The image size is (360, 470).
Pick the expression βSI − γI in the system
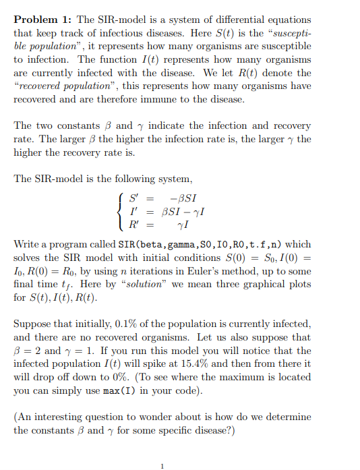tap(184, 211)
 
